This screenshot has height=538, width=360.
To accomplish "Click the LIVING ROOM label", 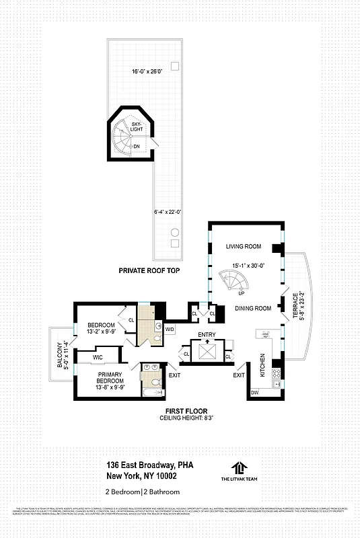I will tap(243, 247).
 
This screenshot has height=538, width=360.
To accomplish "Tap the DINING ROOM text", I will tap(252, 308).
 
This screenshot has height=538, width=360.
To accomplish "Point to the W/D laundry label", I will tap(169, 329).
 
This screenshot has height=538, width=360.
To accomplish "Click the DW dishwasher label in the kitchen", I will tap(254, 392).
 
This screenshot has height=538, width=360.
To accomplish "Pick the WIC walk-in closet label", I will tap(98, 357).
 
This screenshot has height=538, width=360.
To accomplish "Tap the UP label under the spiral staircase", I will tap(242, 293).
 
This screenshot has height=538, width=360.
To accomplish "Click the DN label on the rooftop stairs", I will tap(137, 146).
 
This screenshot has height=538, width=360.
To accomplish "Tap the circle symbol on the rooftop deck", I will tap(174, 233).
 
